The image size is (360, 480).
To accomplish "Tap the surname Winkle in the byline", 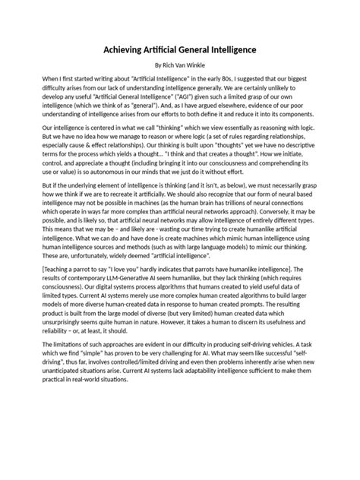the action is (x=203, y=66).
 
